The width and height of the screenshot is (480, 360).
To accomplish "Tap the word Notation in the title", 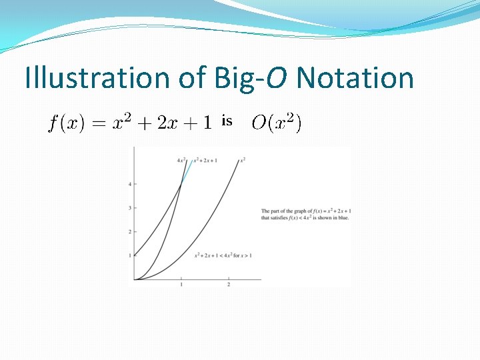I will point(355,78).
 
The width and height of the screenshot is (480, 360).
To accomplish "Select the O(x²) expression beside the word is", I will point(276,123).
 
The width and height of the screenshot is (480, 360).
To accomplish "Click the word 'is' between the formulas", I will point(227,121).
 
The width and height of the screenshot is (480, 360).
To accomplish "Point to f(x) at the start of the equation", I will point(65,123).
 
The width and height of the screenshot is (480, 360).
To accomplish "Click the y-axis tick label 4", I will point(129,183).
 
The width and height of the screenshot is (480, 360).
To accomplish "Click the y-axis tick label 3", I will point(129,208).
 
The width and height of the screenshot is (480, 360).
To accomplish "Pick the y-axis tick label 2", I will point(129,232).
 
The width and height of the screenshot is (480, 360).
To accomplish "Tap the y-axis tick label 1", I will point(129,255).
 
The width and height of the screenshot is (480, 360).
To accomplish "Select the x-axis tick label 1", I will point(181,285).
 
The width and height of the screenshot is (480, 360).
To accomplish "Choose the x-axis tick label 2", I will point(229,285).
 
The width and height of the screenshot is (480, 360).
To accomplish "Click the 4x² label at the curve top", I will point(181,160).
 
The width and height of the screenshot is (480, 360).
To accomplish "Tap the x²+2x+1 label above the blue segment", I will point(205,160).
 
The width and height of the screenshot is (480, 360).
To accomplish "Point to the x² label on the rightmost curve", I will point(243,160).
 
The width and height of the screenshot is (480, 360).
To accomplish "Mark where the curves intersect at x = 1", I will point(181,185).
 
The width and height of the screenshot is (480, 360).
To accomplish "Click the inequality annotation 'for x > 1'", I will point(242,255).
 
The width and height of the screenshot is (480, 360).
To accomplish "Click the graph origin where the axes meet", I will point(134,279).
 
